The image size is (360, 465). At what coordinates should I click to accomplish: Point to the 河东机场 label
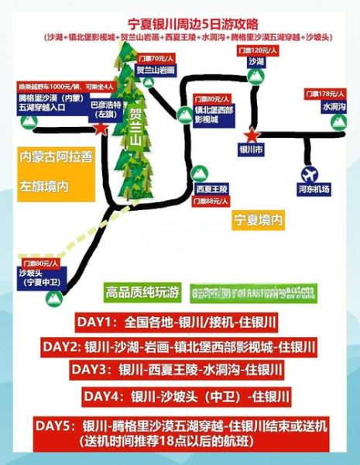(x=313, y=189)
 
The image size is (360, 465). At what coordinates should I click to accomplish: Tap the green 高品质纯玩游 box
(x=142, y=291)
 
